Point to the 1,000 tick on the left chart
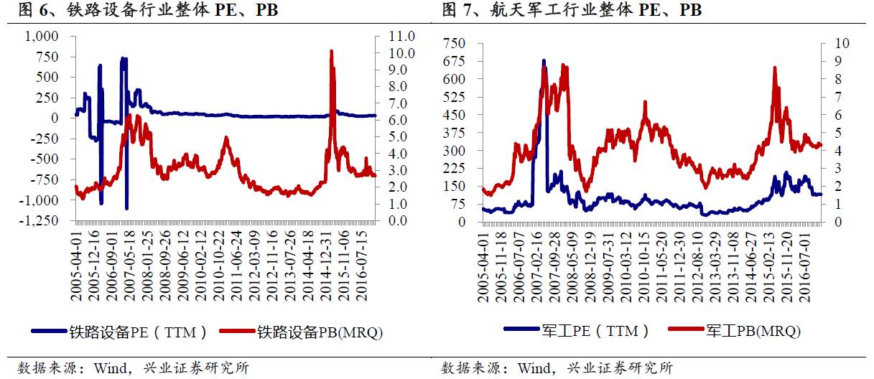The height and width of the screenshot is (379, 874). click(x=42, y=36)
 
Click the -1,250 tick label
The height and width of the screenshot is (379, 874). click(x=39, y=220)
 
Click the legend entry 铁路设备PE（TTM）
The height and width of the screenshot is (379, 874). click(x=121, y=332)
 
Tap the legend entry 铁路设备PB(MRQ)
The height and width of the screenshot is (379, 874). click(x=299, y=332)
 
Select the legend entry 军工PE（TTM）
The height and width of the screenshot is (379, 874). click(x=576, y=330)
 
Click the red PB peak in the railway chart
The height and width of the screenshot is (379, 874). click(x=331, y=52)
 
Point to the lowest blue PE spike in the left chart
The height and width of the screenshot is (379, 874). click(x=126, y=207)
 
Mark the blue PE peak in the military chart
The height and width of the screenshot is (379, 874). click(x=544, y=61)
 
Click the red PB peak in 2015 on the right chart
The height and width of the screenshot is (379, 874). click(x=775, y=67)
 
